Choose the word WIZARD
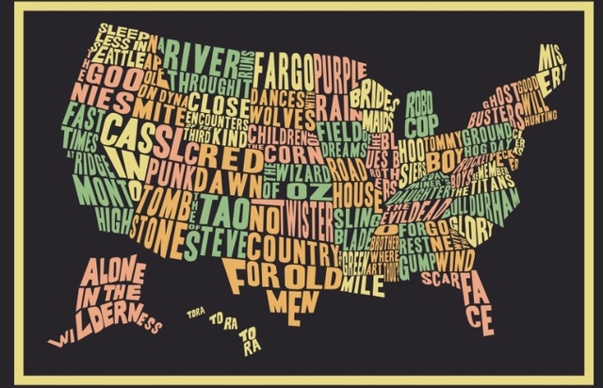(307, 172)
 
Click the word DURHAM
(497, 202)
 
